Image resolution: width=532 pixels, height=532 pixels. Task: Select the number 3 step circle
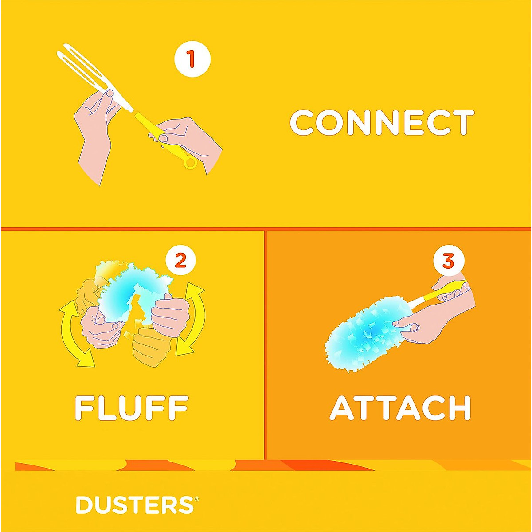coord(448,261)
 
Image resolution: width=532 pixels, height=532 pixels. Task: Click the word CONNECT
coord(382,123)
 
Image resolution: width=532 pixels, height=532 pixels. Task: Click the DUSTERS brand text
coord(134,505)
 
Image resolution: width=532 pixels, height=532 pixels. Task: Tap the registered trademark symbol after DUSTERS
coord(196,499)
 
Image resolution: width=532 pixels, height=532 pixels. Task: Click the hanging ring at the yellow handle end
coord(190,163)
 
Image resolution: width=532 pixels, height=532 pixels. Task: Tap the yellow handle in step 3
coord(439,293)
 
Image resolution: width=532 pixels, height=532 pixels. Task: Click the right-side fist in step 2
coord(171,315)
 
